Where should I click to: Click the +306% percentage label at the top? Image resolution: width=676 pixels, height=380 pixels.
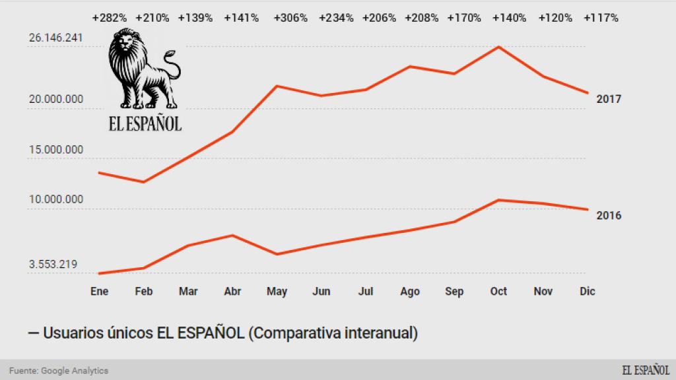click(x=290, y=18)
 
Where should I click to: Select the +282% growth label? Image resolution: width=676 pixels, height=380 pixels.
click(x=110, y=18)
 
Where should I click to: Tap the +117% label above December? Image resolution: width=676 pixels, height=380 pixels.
click(x=601, y=18)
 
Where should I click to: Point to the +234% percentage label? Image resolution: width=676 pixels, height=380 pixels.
click(x=335, y=18)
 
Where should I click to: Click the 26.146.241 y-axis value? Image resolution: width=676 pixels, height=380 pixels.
click(x=55, y=38)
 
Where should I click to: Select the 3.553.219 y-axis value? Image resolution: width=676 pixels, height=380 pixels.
click(x=53, y=265)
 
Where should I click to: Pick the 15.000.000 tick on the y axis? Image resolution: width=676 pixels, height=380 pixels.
click(x=55, y=150)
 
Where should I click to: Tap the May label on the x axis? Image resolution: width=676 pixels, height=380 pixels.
click(x=277, y=292)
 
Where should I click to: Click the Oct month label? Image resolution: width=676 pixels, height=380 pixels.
click(x=498, y=292)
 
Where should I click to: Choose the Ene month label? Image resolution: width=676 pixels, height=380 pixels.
click(x=99, y=292)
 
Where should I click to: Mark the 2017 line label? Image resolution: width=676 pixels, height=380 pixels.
click(x=609, y=100)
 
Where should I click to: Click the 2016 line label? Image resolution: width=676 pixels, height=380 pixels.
click(x=609, y=215)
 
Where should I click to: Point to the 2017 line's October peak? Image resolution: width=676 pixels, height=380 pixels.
click(x=498, y=47)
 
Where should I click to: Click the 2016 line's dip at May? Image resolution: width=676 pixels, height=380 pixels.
click(x=277, y=254)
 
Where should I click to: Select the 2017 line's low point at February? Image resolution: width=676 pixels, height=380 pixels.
click(x=143, y=182)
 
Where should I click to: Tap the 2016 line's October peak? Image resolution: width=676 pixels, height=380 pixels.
click(x=498, y=200)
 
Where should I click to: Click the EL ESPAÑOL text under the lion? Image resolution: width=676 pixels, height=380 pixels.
click(x=145, y=123)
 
